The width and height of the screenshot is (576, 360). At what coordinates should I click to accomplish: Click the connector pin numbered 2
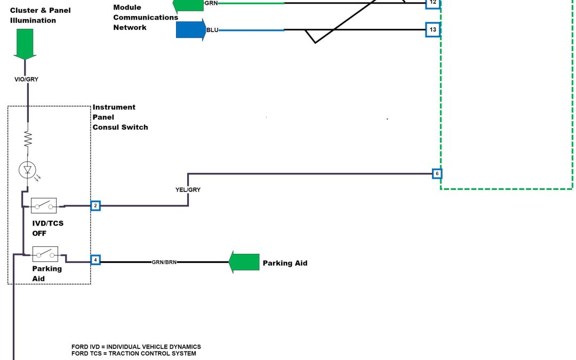click(95, 205)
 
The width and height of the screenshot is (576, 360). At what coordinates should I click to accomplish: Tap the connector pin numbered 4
click(95, 260)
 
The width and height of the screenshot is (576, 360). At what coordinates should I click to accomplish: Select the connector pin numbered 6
click(437, 173)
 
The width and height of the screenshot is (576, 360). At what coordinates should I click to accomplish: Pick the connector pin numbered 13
click(433, 29)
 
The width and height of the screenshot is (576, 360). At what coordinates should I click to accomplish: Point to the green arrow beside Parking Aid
click(244, 262)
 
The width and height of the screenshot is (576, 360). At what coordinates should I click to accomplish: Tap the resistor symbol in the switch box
click(27, 140)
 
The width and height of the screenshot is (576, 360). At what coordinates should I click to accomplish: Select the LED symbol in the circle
click(27, 170)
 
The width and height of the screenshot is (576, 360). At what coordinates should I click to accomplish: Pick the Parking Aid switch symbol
click(45, 254)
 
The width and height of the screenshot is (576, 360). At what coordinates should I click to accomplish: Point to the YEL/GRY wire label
click(188, 190)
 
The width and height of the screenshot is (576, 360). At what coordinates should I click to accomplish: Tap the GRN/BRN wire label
click(164, 262)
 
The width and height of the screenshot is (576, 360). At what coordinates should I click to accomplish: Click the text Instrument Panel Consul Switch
click(120, 117)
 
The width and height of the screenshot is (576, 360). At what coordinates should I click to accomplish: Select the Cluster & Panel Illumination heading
click(40, 15)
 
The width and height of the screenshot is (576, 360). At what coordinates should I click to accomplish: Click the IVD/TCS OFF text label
click(47, 228)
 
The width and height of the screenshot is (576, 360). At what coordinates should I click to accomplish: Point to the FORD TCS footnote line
click(134, 353)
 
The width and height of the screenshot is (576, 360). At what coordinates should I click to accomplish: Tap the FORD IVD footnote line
click(136, 347)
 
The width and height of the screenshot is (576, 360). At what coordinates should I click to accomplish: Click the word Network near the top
click(130, 27)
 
